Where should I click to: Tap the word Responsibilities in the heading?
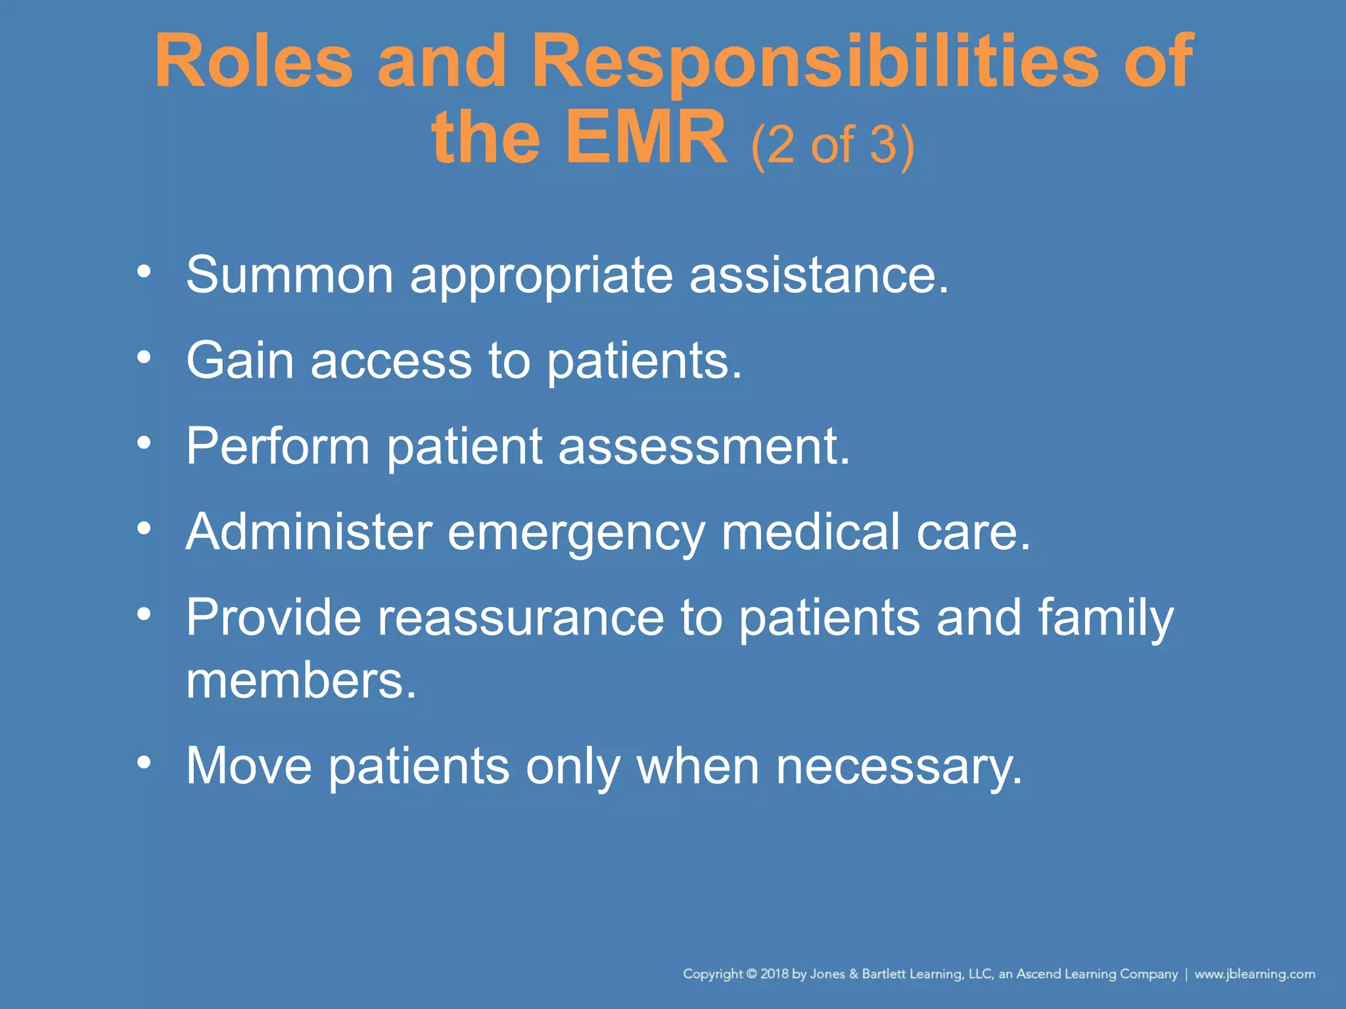click(x=815, y=62)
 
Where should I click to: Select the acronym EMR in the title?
click(x=646, y=139)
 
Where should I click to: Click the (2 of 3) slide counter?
click(x=832, y=145)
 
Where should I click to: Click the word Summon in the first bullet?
click(x=290, y=275)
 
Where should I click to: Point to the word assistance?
click(x=818, y=275)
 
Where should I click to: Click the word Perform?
click(x=278, y=446)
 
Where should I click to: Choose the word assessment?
click(x=704, y=446)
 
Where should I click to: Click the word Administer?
click(x=309, y=531)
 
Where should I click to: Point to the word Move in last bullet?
click(x=249, y=765)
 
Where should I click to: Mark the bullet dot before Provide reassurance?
click(x=144, y=614)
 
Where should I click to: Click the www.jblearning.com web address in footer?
click(x=1255, y=974)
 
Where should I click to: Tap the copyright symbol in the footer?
click(x=752, y=974)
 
